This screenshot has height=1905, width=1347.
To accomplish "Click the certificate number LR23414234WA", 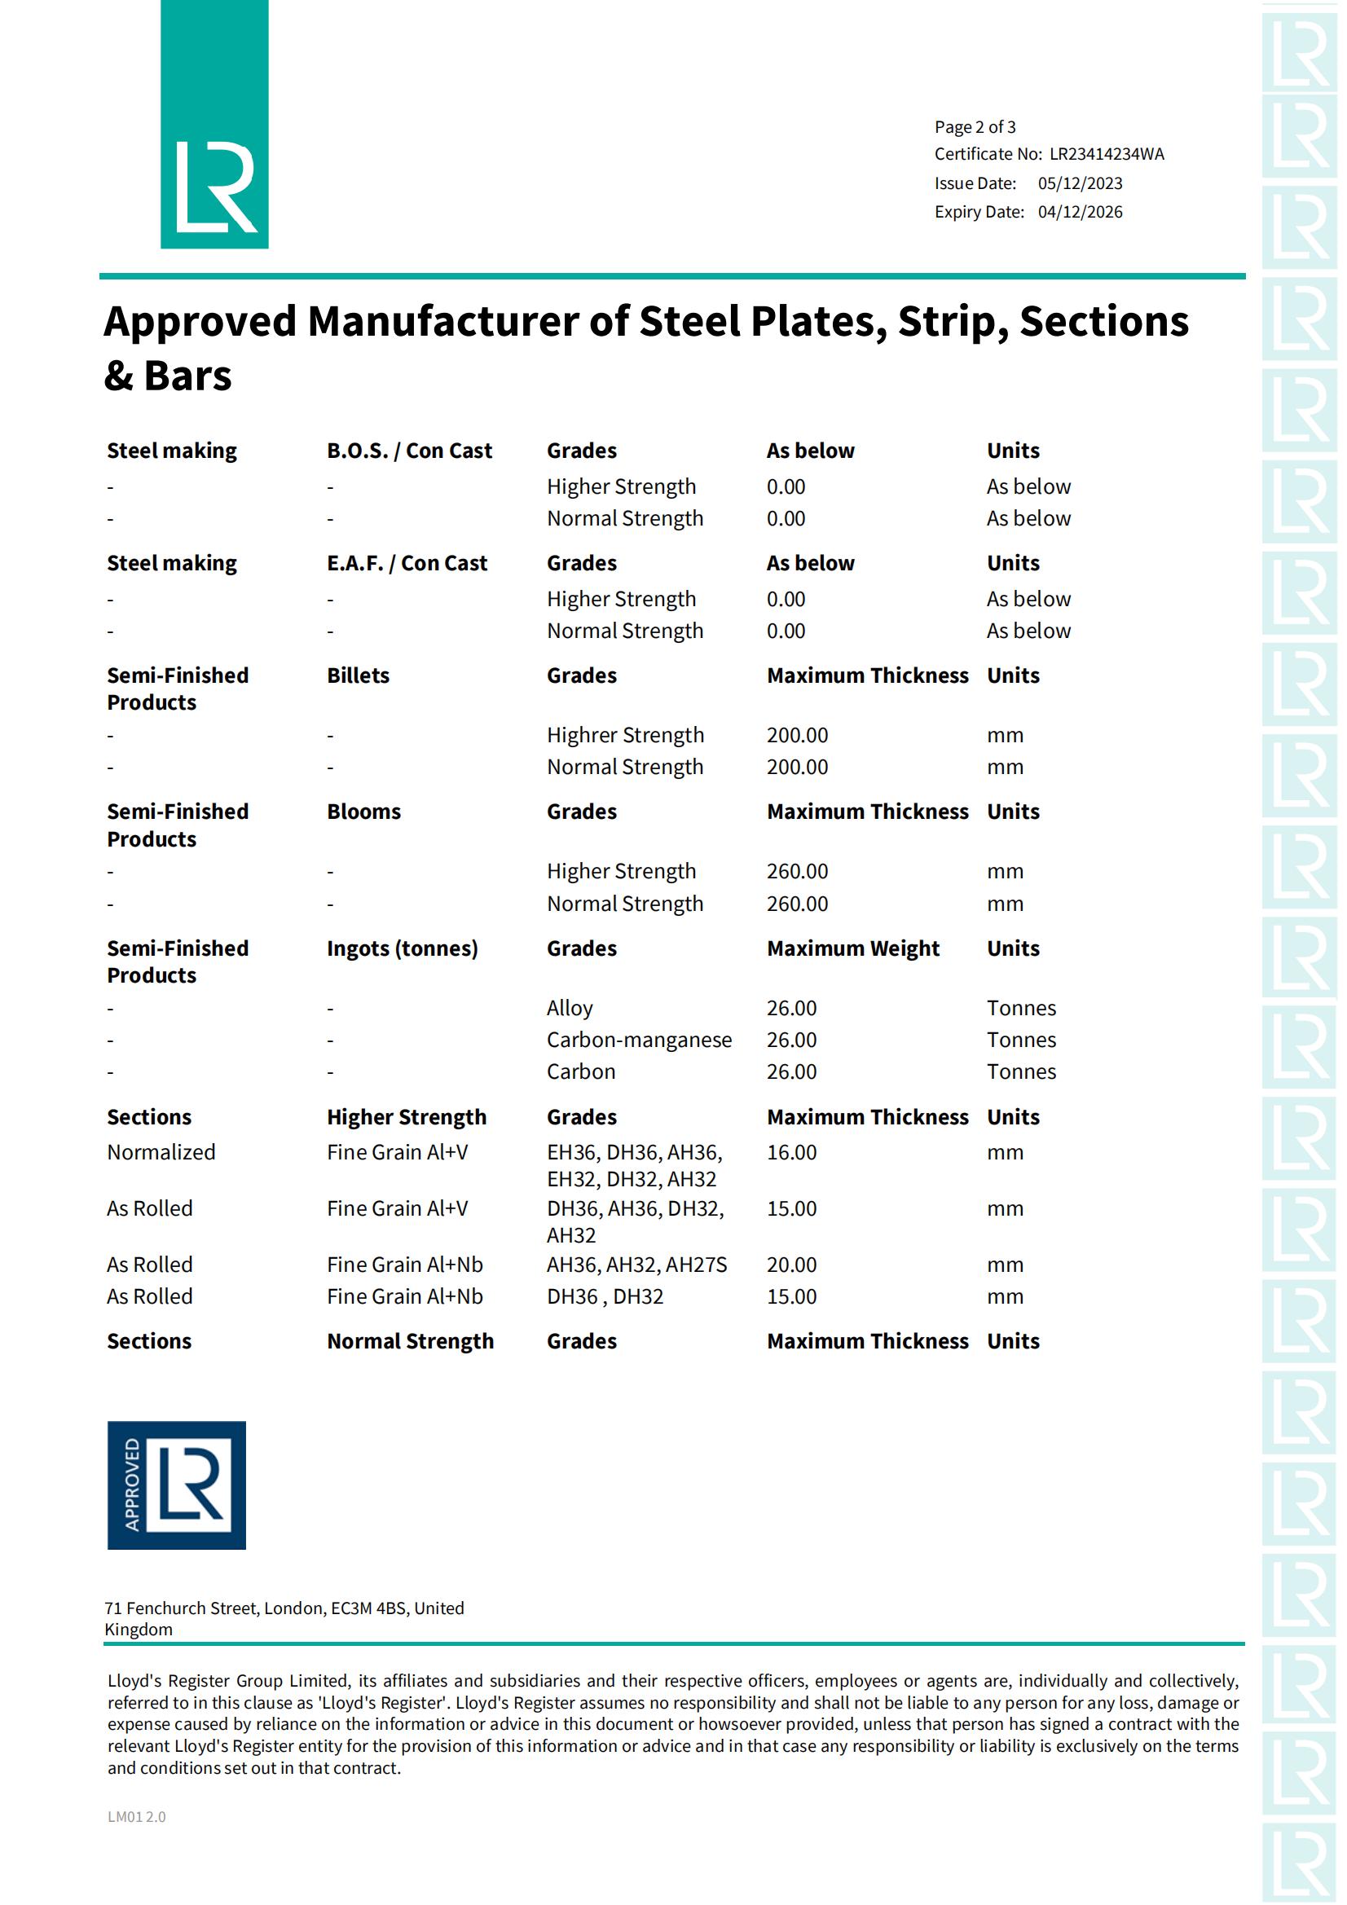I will click(1106, 154).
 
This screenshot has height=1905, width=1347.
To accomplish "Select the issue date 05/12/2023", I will click(1079, 183).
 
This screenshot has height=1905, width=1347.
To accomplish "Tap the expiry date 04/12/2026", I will click(1079, 213).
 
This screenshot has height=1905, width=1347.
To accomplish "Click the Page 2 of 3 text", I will click(975, 127).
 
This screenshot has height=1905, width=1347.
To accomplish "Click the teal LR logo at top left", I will click(214, 125).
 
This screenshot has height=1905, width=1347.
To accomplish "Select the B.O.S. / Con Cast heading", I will click(408, 451).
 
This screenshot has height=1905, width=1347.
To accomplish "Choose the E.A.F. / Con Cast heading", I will click(407, 563).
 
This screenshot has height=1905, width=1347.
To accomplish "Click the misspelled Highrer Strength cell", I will click(624, 735).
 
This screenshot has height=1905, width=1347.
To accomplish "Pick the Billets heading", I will click(358, 675).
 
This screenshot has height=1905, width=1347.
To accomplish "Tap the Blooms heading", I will click(363, 812).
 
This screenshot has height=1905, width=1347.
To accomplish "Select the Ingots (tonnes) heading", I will click(402, 948).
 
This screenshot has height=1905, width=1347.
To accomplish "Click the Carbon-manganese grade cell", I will click(638, 1040).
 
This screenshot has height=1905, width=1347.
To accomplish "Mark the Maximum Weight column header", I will click(852, 948).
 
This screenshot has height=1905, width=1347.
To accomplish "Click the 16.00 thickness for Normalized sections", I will click(791, 1152).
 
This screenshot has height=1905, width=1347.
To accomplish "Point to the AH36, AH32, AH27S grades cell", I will click(636, 1265).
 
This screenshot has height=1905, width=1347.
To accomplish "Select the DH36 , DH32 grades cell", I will click(604, 1296).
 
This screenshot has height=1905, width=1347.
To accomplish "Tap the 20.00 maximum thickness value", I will click(791, 1265).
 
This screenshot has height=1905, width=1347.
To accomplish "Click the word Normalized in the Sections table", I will click(161, 1152).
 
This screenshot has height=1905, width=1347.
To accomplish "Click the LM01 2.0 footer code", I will click(136, 1816).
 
